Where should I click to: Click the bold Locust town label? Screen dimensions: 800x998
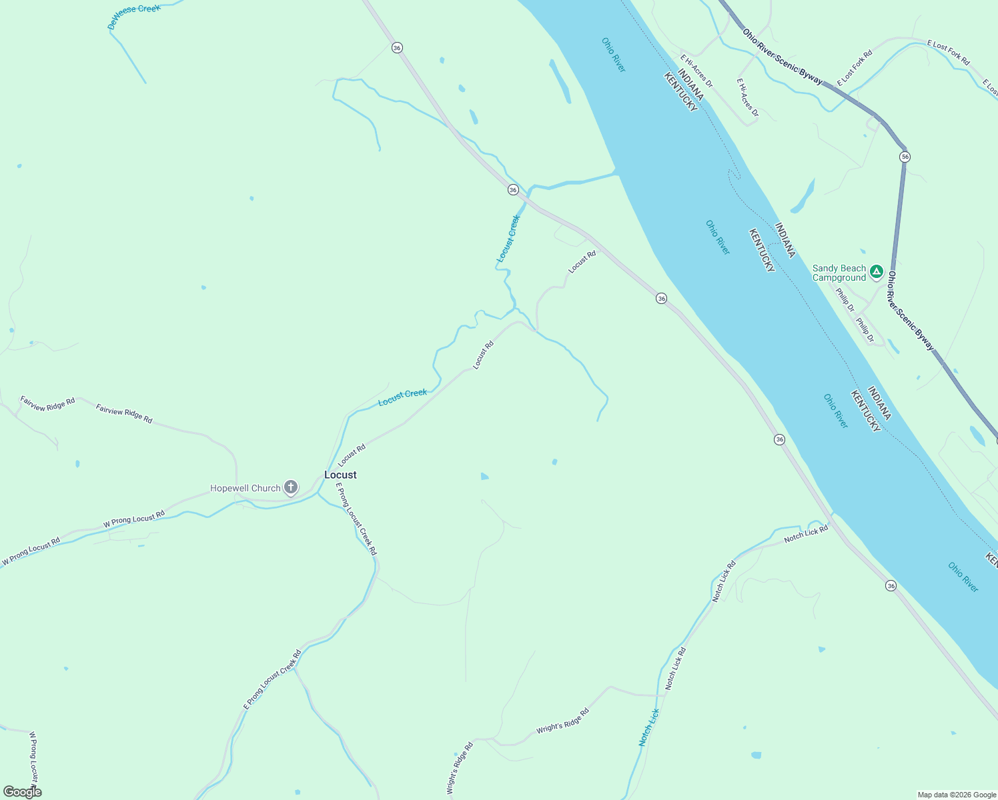[x=340, y=475]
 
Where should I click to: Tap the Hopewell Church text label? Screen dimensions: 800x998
[x=245, y=488]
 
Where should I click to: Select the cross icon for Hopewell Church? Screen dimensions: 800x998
[x=290, y=487]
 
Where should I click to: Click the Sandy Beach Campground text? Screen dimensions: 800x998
[x=839, y=273]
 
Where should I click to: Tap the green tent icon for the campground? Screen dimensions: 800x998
[x=876, y=272]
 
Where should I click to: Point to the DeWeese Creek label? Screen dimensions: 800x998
[x=134, y=17]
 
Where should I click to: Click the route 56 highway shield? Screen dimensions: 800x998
[x=904, y=157]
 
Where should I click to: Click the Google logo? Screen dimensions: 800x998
[x=22, y=792]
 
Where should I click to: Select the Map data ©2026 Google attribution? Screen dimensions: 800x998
[x=957, y=795]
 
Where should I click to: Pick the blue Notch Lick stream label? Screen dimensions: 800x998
[x=648, y=727]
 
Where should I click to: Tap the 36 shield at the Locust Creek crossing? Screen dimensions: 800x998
[x=512, y=190]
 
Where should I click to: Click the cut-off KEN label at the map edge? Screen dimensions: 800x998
[x=991, y=560]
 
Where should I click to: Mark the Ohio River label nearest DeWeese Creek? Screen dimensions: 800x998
[x=614, y=55]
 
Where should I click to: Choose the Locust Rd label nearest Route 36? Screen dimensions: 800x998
[x=582, y=261]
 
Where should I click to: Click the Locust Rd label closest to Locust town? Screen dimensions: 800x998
[x=352, y=456]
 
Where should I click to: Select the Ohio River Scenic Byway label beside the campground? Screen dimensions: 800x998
[x=910, y=311]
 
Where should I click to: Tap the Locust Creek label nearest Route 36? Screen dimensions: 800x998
[x=508, y=239]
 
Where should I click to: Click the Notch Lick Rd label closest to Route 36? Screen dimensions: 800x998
[x=806, y=533]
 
